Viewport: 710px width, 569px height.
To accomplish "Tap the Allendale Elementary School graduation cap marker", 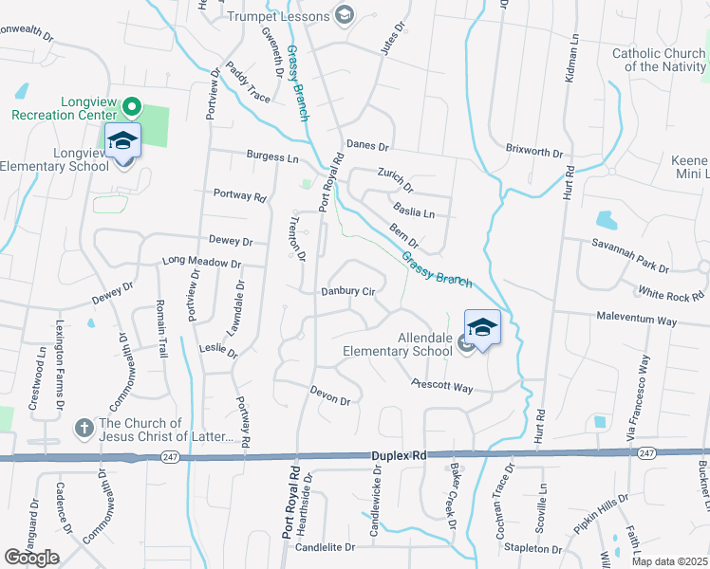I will tap(482, 328).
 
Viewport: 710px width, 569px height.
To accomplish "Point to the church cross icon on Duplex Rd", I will tap(84, 428).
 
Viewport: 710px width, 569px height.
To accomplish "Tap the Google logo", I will tap(32, 558).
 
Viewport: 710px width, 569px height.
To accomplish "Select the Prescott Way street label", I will tap(441, 385).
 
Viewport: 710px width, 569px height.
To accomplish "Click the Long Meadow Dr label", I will tap(201, 262).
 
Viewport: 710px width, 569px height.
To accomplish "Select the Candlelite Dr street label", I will tap(325, 547).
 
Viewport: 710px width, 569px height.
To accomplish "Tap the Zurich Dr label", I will tap(395, 178).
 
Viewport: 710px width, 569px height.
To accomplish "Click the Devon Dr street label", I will tap(331, 395).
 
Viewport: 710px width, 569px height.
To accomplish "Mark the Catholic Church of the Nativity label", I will tap(659, 60).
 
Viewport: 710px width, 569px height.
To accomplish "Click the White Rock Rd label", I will tap(671, 296).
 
